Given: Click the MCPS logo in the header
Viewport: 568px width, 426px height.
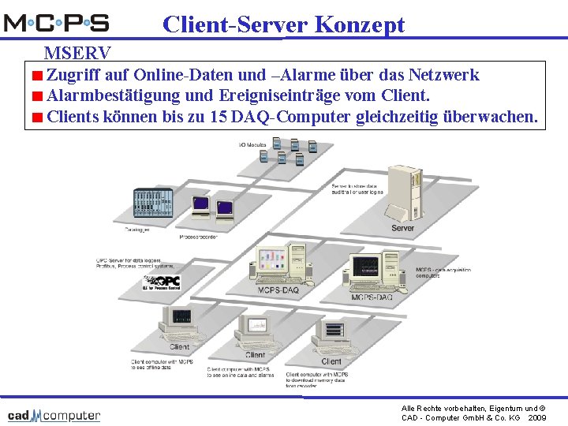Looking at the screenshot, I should tap(57, 22).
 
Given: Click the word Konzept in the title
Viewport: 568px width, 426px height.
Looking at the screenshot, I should tap(359, 24).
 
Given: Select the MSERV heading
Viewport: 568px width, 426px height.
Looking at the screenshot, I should tap(77, 54).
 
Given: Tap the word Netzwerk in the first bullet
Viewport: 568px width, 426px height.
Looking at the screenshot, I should tap(443, 76).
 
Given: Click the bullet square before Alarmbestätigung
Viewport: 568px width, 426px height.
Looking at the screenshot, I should tap(37, 97).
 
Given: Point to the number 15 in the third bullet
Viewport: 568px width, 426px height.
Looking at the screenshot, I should tap(219, 118).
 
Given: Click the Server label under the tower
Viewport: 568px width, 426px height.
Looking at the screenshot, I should tap(402, 228).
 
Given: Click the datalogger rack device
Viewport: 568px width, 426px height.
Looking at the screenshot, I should tap(147, 205).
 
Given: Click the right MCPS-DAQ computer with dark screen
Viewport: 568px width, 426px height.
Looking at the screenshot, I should tap(372, 271).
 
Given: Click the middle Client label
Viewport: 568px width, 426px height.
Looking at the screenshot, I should tap(255, 355).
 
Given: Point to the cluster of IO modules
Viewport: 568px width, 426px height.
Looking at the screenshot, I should tap(293, 151).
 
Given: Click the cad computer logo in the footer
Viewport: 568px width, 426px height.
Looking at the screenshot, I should tap(54, 415).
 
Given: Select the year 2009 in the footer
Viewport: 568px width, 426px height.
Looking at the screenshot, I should tap(537, 417).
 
